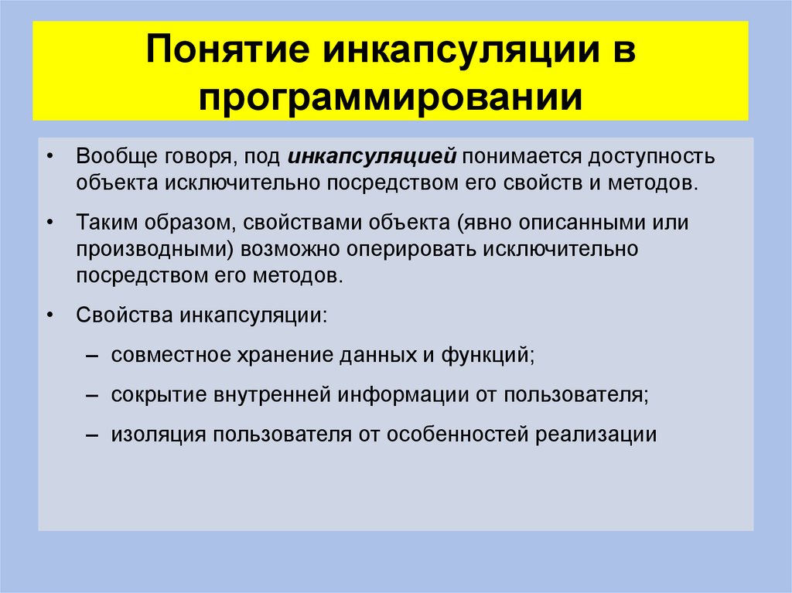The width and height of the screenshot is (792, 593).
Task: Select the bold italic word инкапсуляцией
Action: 373,157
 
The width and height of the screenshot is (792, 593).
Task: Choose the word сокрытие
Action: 151,394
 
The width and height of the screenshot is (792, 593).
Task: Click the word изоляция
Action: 148,434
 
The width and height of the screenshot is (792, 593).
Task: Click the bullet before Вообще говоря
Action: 50,157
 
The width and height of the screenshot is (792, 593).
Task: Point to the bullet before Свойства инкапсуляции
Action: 50,316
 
